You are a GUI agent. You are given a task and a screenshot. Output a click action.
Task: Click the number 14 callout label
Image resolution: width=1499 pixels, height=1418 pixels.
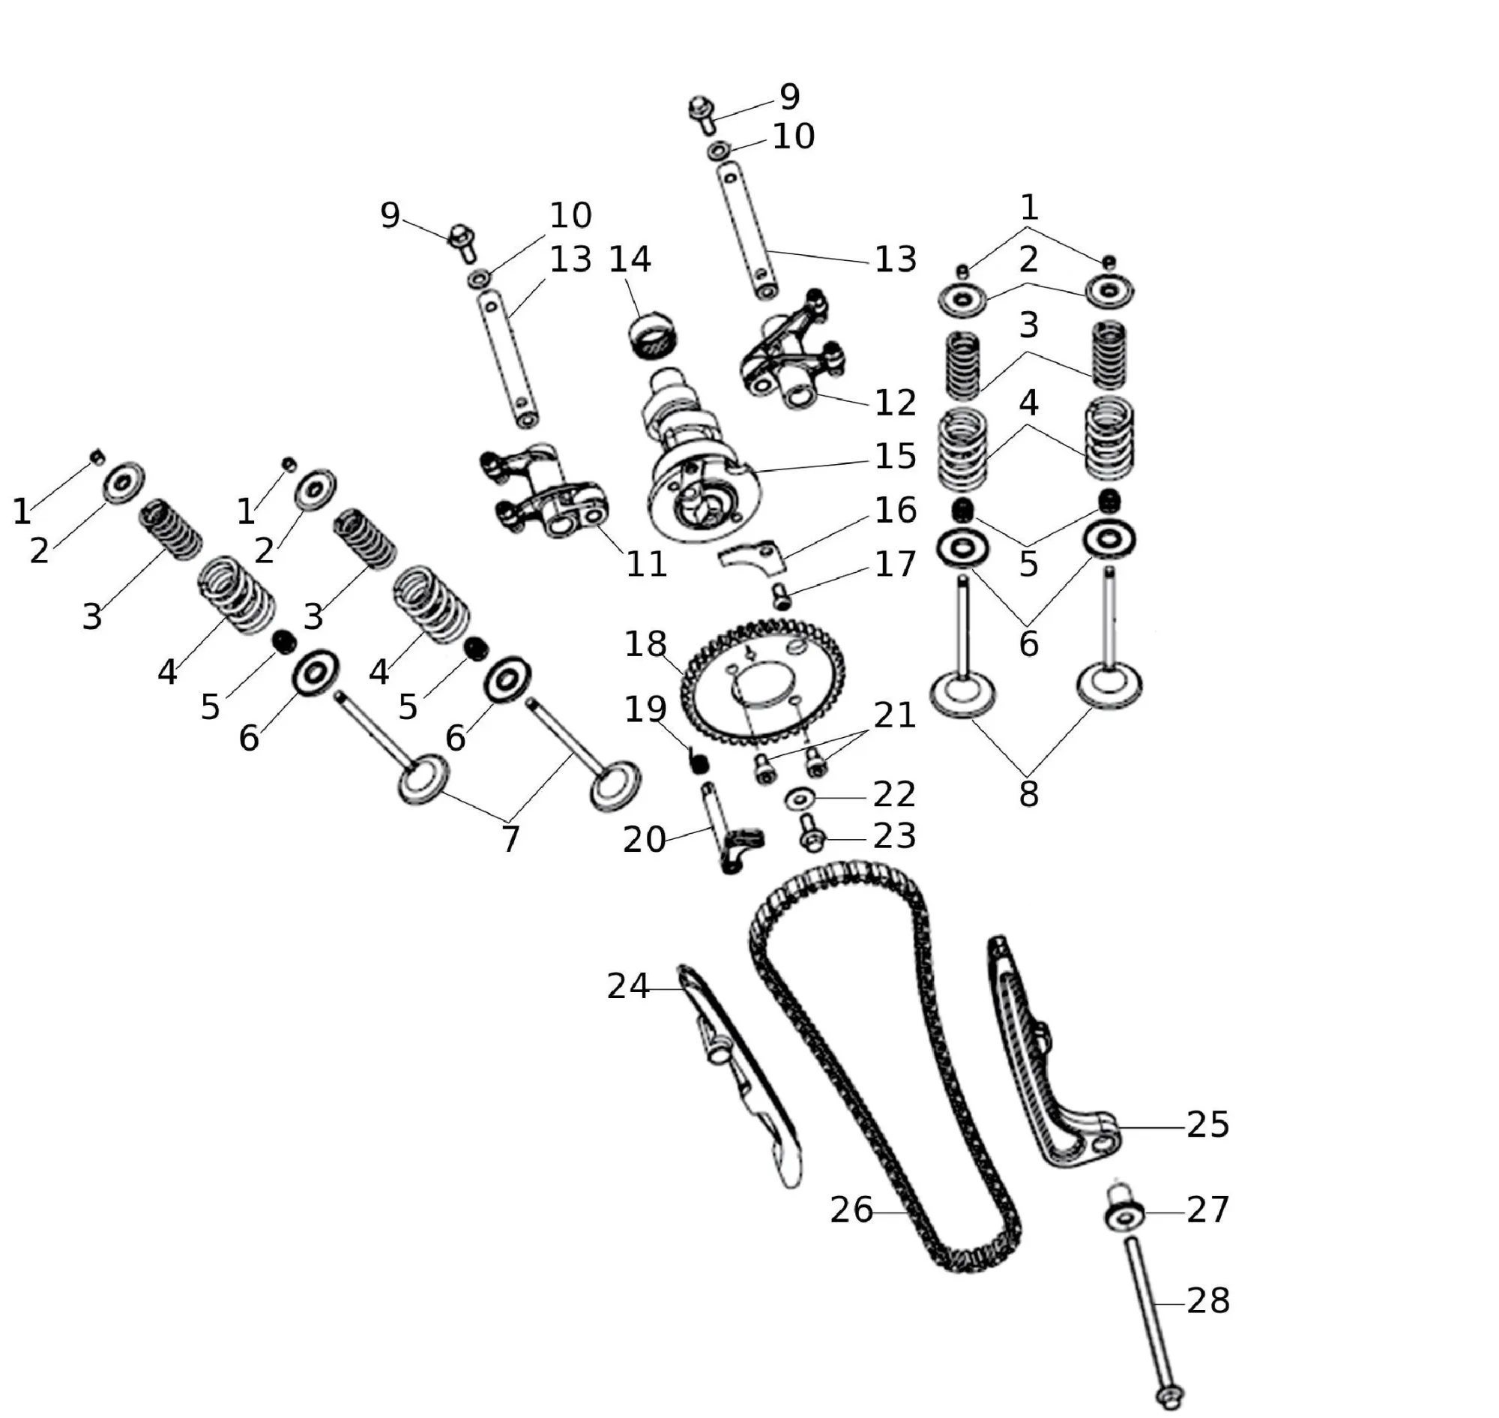630,260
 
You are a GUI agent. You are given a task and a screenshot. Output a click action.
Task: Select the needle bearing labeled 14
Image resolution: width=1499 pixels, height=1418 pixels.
653,337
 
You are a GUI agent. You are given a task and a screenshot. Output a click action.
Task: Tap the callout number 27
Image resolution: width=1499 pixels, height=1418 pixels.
1207,1210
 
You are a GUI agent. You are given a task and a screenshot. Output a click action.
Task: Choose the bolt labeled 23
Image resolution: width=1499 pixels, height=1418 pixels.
809,836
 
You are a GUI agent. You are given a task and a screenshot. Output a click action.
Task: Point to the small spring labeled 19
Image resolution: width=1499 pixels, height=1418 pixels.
699,760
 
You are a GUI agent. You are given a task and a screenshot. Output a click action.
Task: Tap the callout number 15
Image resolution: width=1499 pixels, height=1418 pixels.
896,457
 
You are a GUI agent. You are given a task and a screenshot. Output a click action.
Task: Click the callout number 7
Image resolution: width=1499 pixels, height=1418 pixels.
510,839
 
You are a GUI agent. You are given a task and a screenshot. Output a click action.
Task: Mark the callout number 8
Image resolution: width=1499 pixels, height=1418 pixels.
1028,793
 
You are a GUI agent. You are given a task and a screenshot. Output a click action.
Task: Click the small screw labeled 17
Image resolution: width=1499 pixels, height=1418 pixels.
782,597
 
